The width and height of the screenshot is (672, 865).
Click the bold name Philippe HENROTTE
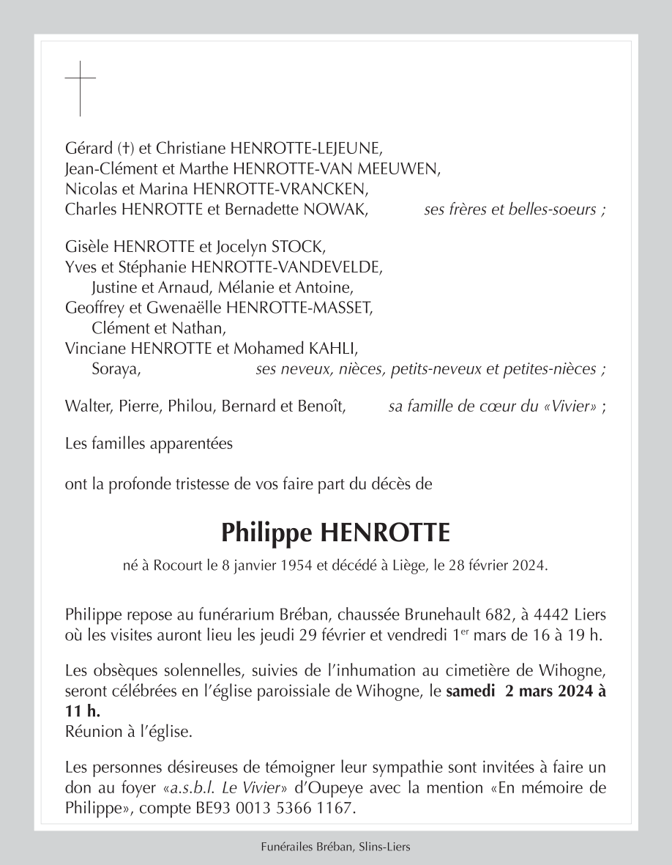point(336,532)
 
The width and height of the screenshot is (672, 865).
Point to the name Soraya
point(116,369)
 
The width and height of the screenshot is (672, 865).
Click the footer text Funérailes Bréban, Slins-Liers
point(336,847)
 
